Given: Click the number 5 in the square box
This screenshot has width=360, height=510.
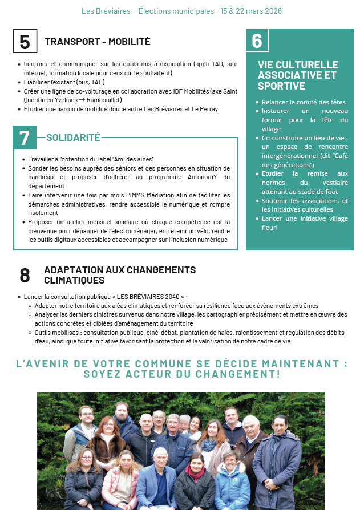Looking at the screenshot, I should (25, 42).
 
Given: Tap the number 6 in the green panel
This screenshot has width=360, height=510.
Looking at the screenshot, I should (257, 41).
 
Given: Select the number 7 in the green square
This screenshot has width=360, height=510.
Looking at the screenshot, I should (25, 137).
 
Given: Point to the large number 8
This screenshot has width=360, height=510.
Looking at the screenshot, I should (25, 275).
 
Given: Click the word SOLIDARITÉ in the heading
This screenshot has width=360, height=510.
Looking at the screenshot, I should (73, 137).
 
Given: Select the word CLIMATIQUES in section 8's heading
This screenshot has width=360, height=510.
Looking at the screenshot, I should (74, 280).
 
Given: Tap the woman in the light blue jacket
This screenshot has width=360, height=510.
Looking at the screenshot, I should (231, 485).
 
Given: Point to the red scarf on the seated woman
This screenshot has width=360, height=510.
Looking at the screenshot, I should (195, 472).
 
